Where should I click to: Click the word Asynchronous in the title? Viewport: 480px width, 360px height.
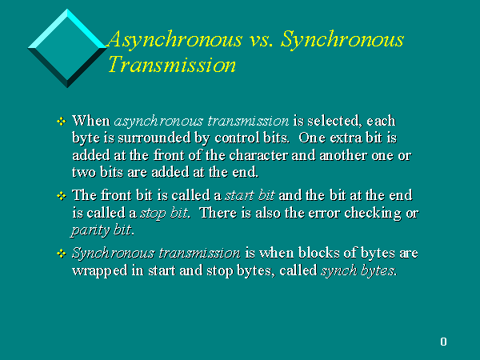pyautogui.click(x=175, y=40)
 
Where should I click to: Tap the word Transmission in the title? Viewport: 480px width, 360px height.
pyautogui.click(x=172, y=65)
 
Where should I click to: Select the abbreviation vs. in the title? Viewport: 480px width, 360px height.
pyautogui.click(x=262, y=41)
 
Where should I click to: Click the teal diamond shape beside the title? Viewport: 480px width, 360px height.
pyautogui.click(x=67, y=48)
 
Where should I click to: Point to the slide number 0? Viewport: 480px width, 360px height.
pyautogui.click(x=443, y=342)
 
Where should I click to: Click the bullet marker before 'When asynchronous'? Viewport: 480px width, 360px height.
pyautogui.click(x=62, y=122)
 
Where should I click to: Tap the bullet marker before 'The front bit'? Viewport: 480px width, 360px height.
pyautogui.click(x=62, y=196)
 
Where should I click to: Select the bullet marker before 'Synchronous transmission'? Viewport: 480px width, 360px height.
pyautogui.click(x=62, y=254)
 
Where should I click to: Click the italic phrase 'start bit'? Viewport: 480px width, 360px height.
pyautogui.click(x=250, y=195)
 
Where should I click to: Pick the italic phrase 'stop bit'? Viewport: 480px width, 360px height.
pyautogui.click(x=164, y=213)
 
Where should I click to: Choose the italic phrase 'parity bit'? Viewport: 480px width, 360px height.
pyautogui.click(x=101, y=230)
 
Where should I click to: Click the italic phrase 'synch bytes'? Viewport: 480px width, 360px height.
pyautogui.click(x=358, y=270)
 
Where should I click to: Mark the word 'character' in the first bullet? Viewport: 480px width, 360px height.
pyautogui.click(x=258, y=155)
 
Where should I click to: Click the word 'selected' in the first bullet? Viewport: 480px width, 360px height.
pyautogui.click(x=333, y=122)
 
